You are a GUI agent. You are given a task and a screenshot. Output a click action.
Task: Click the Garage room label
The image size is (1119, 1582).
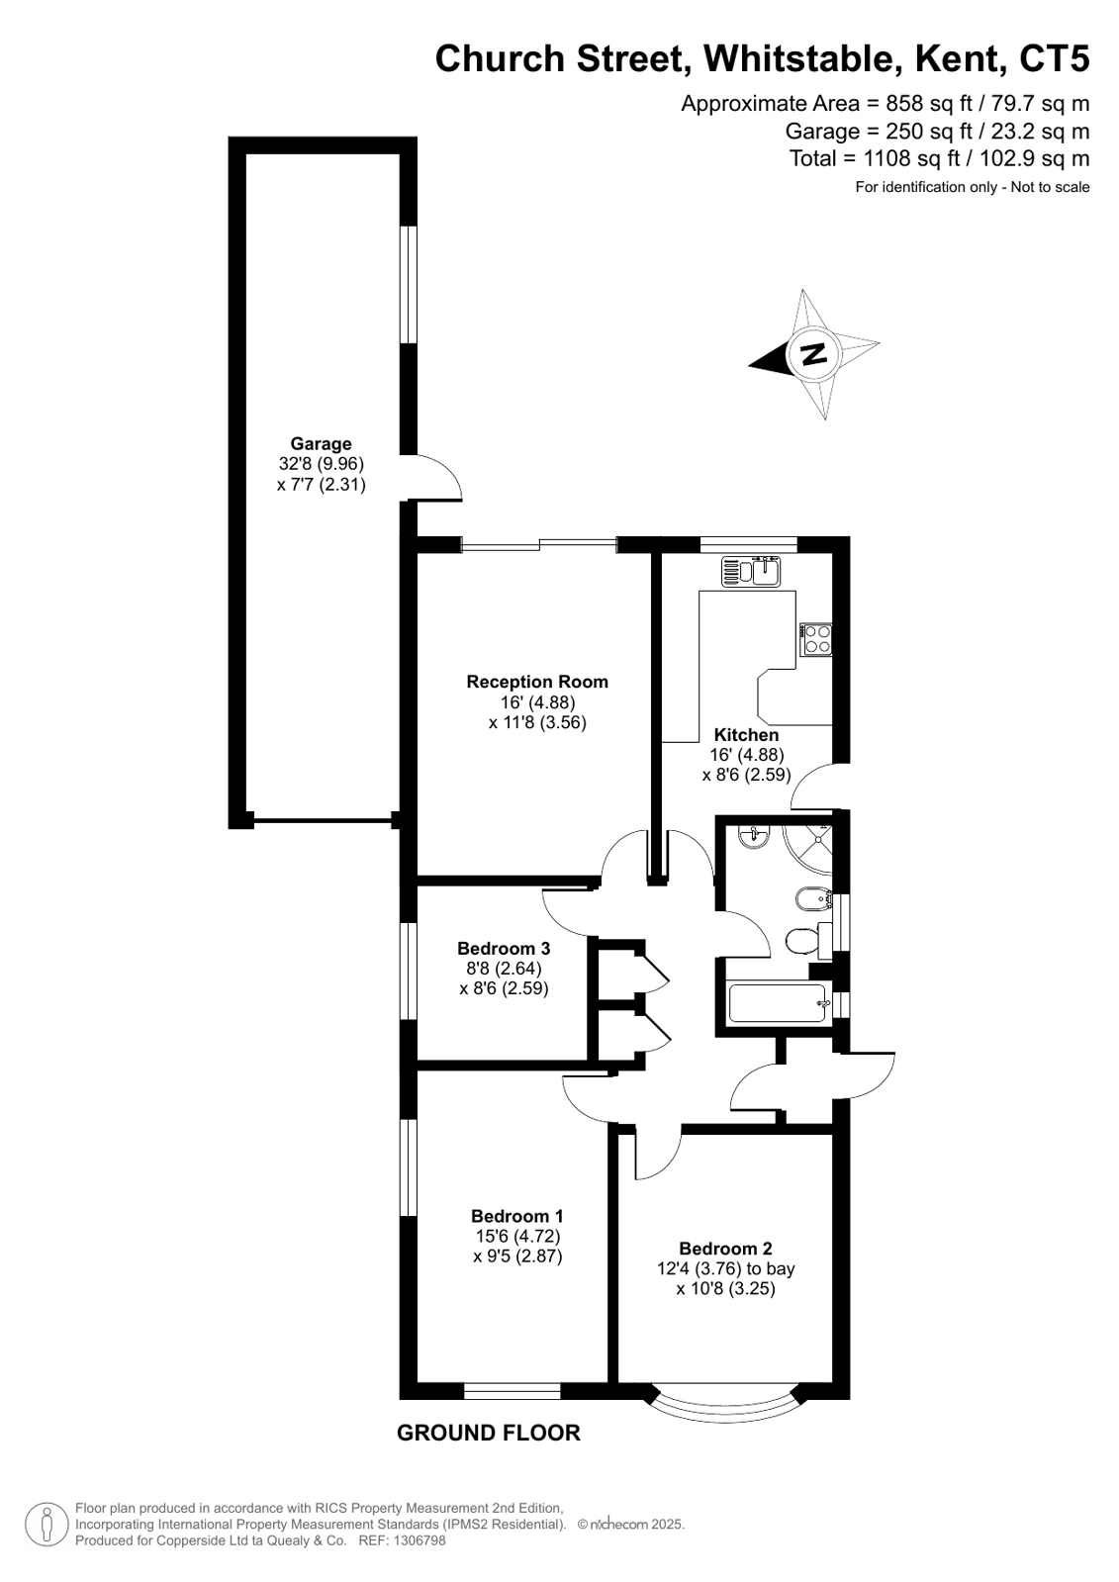321,443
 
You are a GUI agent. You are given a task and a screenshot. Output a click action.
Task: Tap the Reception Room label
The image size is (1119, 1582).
537,682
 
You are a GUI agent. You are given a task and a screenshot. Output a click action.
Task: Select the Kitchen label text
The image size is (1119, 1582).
746,734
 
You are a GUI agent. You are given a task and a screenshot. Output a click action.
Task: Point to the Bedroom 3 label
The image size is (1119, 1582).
504,948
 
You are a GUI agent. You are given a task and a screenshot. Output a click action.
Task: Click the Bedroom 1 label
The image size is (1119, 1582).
517,1216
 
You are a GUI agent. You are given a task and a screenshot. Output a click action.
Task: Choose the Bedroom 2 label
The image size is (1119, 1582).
725,1248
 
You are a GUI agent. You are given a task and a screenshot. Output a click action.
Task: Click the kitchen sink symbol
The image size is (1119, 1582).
750,571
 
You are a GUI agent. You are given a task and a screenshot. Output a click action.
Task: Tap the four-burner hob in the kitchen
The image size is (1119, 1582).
815,639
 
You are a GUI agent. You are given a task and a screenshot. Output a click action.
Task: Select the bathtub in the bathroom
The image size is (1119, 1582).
778,1003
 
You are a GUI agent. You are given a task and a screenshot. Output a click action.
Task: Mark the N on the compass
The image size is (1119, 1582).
814,352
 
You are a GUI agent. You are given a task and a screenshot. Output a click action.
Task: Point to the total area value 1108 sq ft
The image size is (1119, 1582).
912,159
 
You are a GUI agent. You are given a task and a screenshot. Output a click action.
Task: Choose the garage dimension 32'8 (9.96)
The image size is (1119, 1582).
322,464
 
